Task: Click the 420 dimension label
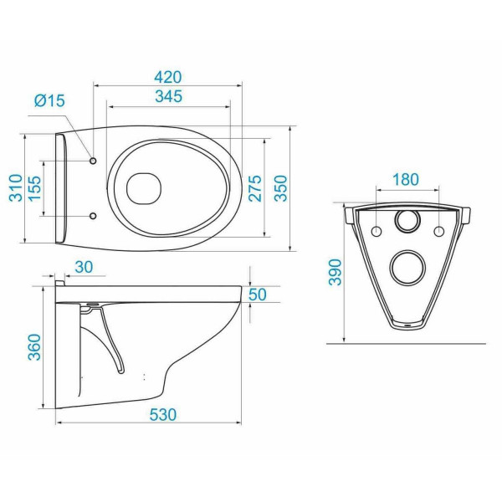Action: point(168,77)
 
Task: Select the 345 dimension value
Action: point(169,96)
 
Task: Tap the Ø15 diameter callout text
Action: point(49,100)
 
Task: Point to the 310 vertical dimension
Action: point(16,187)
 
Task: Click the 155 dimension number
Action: point(35,188)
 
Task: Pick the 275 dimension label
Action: point(255,188)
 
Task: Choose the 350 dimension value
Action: point(281,188)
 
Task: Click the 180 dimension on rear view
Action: point(406,180)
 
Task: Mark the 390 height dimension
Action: point(336,272)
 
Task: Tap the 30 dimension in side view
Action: point(84,267)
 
